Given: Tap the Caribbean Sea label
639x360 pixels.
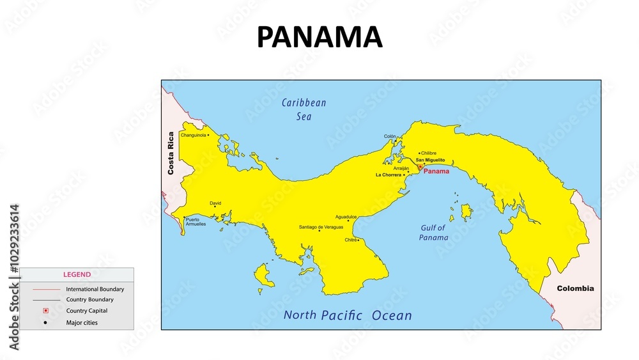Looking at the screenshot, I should coord(304,109).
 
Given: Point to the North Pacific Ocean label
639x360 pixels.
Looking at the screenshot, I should coord(348,315).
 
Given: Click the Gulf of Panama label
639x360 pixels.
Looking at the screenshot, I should coord(434,232).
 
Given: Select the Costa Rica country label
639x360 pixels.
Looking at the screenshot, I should coord(171,153).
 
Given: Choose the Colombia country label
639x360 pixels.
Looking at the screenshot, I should coord(575,288).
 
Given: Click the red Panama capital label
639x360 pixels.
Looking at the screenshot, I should coord(436,171).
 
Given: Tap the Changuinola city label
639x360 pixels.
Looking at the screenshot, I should coord(193,135).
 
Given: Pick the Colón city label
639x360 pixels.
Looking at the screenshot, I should coord(390,136).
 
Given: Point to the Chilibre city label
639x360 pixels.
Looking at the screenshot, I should coord(429,153).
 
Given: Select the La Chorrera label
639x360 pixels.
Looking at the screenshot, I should coord(389,175).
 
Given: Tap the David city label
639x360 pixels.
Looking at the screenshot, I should coord(215,203).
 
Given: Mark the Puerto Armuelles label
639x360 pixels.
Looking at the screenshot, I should coord(196,222).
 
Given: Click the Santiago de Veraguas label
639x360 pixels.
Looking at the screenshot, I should coord(321,227).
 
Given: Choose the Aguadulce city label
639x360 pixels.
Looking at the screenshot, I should coord(346,217).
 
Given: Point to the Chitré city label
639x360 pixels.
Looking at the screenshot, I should coord(351,240).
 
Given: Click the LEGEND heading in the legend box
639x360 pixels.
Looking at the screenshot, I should coord(77,274).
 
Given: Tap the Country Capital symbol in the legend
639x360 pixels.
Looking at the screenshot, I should coord(45,311).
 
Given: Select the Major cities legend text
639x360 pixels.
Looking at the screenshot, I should coord(82,322).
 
